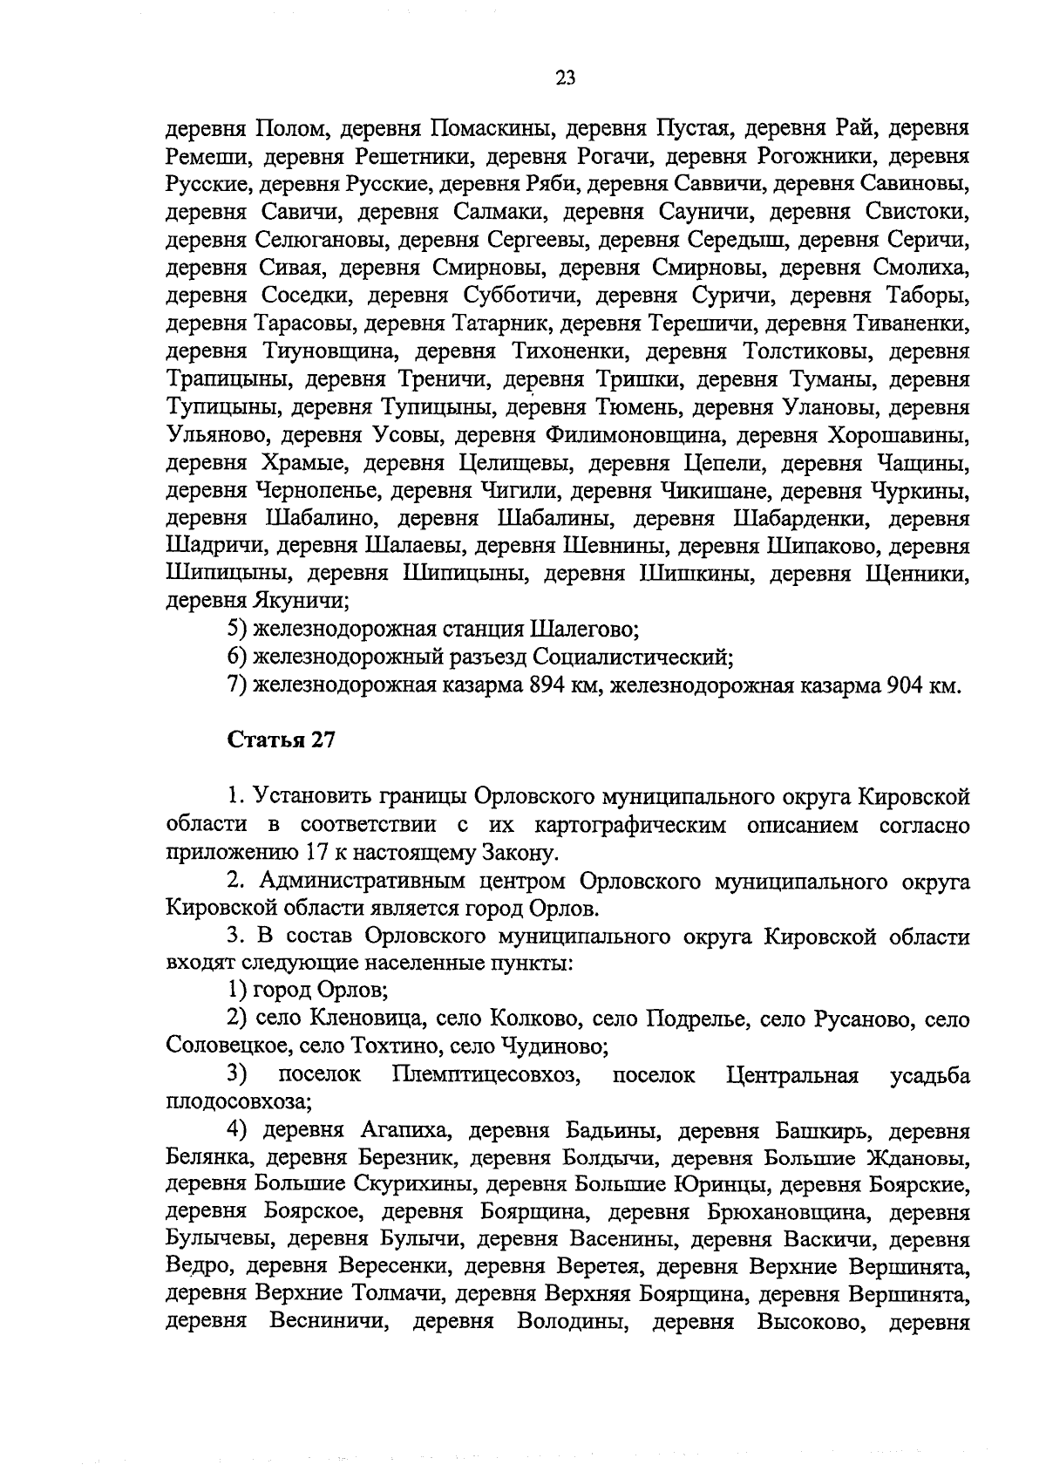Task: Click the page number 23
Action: [x=565, y=78]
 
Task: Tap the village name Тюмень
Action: [x=641, y=407]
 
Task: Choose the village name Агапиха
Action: [x=404, y=1132]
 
